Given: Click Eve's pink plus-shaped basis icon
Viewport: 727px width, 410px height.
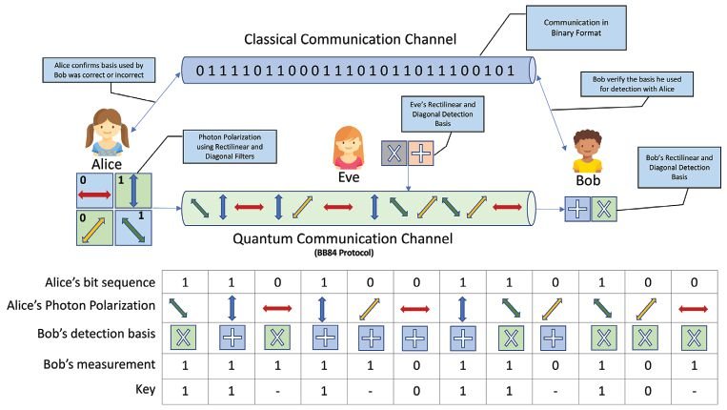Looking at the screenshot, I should click(x=422, y=153).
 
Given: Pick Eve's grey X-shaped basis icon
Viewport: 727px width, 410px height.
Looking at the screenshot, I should click(x=394, y=153).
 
